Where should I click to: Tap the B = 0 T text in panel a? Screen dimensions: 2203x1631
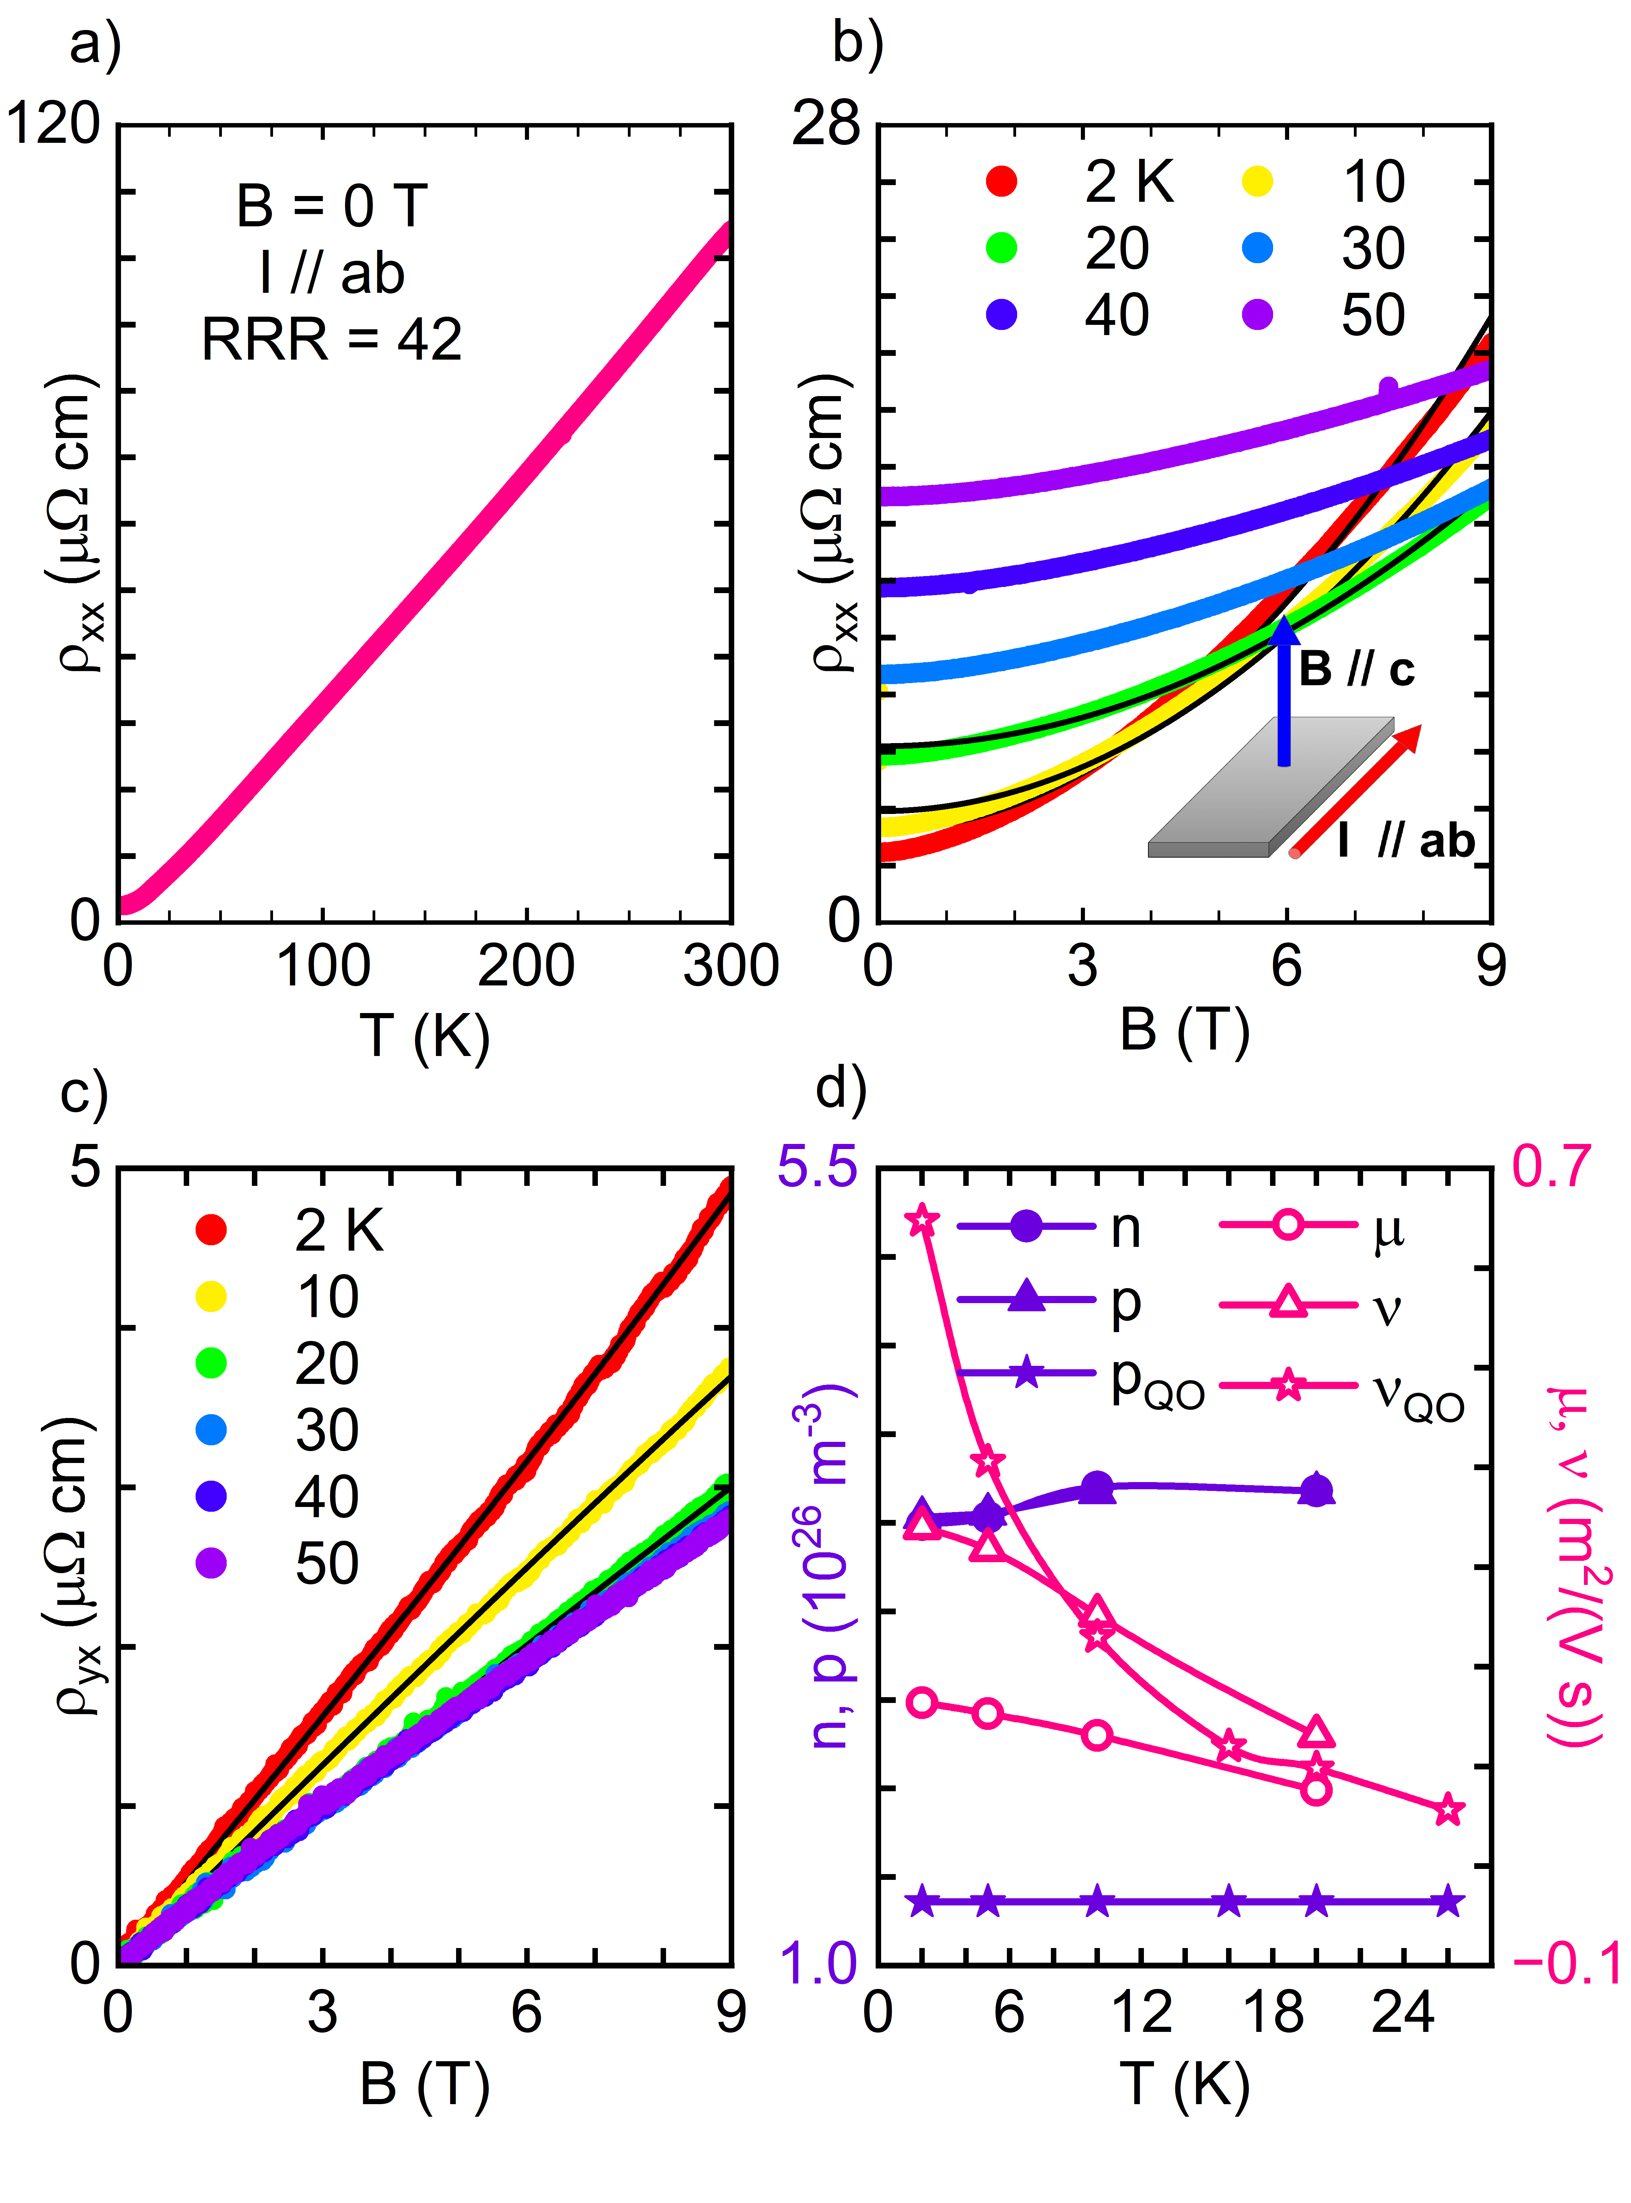point(332,206)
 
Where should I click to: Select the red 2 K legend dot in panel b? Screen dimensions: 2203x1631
point(1001,182)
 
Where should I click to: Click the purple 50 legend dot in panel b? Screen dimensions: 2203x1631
point(1257,315)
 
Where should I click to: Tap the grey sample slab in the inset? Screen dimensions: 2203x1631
point(1269,790)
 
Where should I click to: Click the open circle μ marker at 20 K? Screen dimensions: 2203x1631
point(1315,1790)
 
